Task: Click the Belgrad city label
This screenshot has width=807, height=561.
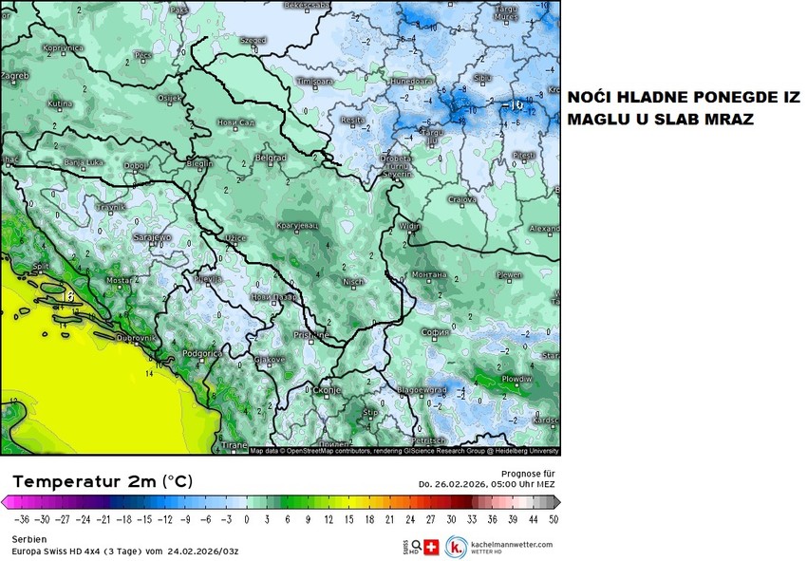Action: (x=272, y=158)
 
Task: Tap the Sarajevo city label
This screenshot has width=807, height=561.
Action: (x=152, y=236)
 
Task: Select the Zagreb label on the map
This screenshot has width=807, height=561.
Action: (x=14, y=75)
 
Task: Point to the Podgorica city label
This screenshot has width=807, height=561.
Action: (x=202, y=353)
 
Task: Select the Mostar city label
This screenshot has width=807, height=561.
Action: (x=119, y=281)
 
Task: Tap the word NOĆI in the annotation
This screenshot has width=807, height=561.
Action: (x=590, y=99)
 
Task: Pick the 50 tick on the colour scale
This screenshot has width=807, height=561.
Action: (x=553, y=519)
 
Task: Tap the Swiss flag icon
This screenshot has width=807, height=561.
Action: (x=431, y=548)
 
